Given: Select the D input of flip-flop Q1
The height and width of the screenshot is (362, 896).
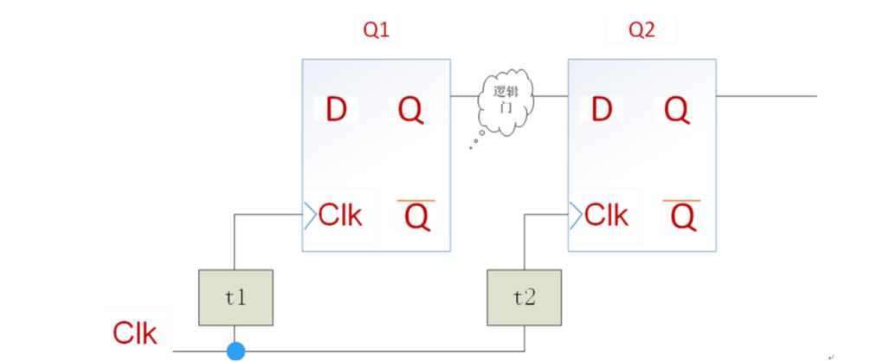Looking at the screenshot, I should tap(336, 109).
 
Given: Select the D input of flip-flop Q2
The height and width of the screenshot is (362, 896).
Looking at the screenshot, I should tap(602, 109).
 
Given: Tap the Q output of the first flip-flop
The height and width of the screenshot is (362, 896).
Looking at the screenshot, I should tap(411, 110).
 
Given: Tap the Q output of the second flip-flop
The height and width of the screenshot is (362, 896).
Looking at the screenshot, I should tap(677, 110).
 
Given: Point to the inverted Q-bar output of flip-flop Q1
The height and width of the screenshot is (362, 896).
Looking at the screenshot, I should tap(416, 216).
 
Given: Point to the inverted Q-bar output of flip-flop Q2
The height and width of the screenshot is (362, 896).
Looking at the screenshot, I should tap(682, 216).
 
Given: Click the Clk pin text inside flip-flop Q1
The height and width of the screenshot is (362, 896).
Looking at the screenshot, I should tap(340, 215).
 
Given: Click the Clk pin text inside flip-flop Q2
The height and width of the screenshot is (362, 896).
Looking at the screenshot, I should tap(606, 215).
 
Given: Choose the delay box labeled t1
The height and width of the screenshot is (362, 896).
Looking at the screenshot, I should tap(235, 297).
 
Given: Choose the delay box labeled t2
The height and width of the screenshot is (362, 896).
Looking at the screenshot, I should tap(524, 297).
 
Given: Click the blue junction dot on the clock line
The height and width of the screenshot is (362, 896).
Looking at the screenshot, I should tap(235, 351).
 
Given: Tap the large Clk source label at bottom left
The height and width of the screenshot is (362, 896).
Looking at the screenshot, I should tap(135, 333).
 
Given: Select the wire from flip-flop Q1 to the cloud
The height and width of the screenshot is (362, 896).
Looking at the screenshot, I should tap(464, 95).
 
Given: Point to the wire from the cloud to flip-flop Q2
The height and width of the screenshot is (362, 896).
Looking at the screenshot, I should tap(552, 95).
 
